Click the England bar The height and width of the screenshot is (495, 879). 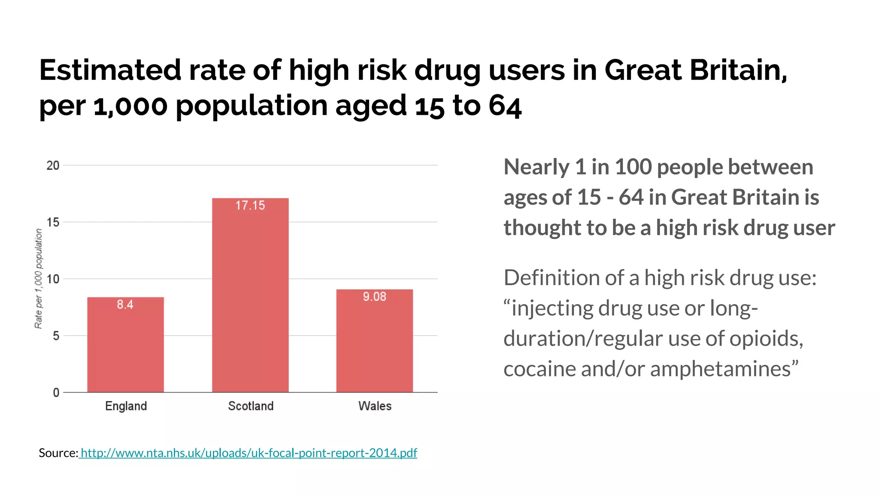[x=125, y=348]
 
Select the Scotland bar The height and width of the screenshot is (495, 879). [x=250, y=301]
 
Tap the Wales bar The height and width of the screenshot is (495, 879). [x=374, y=344]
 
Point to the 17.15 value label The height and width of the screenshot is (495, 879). [x=250, y=205]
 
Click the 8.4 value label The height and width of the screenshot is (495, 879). [x=125, y=305]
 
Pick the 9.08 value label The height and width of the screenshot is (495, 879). [x=374, y=296]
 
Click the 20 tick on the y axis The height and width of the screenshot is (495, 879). [x=53, y=165]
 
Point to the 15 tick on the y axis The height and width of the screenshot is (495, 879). [x=53, y=222]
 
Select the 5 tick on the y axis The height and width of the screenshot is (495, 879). [x=56, y=336]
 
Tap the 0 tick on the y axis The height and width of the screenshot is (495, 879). [x=56, y=392]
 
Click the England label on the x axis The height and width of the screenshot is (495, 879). [x=126, y=406]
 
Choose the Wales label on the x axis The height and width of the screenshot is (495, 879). [x=375, y=406]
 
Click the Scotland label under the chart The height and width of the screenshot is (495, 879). [x=251, y=406]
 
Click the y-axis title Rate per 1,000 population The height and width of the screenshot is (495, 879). [x=39, y=278]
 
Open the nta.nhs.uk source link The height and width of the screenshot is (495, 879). [x=249, y=453]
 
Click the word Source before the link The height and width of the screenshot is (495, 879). [x=58, y=453]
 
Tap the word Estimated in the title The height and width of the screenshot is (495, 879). [x=110, y=70]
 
